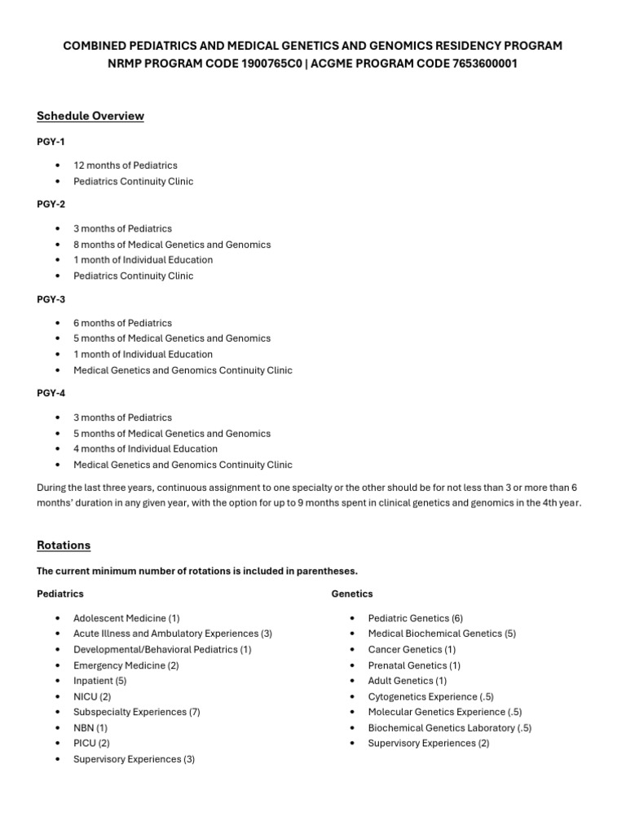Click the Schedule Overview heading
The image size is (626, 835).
point(90,116)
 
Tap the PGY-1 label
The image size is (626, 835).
point(51,142)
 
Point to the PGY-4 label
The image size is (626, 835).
point(51,394)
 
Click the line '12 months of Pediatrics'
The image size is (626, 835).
point(126,166)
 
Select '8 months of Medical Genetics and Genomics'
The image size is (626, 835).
point(172,245)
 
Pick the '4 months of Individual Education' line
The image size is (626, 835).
point(146,449)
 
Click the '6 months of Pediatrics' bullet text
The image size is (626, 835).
point(123,323)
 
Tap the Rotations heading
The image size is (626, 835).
point(64,545)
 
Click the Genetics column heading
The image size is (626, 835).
point(352,594)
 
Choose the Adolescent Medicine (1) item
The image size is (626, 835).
point(126,618)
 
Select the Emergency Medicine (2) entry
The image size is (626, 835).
point(126,665)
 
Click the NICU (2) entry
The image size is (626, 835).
point(92,697)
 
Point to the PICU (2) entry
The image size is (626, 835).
point(91,744)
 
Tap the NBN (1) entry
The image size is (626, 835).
point(90,728)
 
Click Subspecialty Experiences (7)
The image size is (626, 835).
point(137,713)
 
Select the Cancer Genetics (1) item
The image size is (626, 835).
point(412,650)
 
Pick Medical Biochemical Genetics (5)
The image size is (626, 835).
point(442,634)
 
